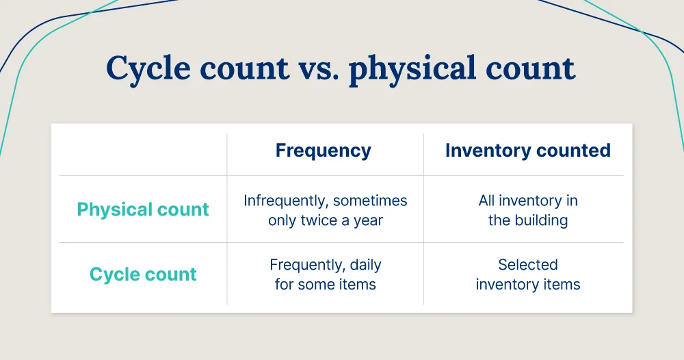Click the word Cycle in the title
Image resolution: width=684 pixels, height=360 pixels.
[x=148, y=69]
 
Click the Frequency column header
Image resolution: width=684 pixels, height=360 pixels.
[x=323, y=151]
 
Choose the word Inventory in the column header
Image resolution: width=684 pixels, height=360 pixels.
[x=486, y=151]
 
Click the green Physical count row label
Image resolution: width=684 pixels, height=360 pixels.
[x=143, y=209]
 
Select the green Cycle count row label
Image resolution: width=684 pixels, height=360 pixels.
[x=143, y=274]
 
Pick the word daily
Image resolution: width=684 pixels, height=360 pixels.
[x=365, y=265]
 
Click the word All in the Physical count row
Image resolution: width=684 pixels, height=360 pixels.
[x=488, y=201]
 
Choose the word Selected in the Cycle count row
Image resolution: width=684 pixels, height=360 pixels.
[x=527, y=265]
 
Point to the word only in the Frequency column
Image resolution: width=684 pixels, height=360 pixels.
[x=282, y=221]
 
